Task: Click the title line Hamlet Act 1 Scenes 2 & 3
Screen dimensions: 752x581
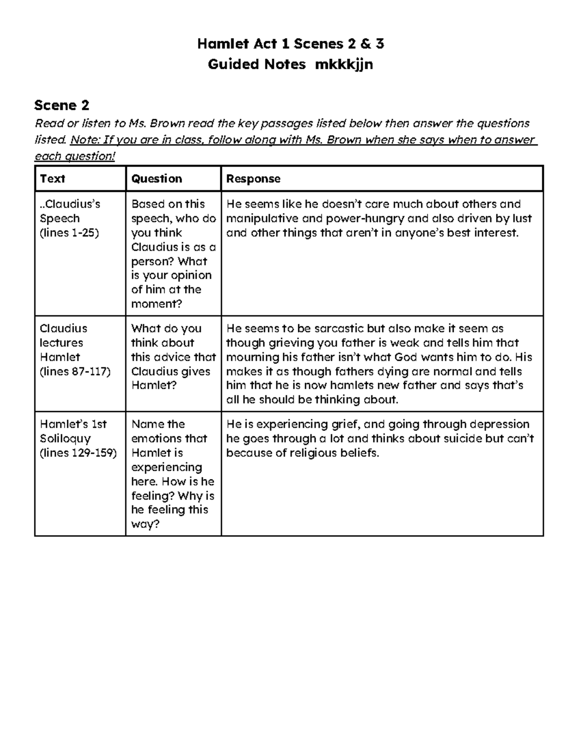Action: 290,44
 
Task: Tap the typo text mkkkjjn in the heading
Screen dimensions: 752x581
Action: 344,64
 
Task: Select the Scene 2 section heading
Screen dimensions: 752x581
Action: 62,105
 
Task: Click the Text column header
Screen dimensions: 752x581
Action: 52,179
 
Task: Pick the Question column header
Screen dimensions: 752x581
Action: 156,179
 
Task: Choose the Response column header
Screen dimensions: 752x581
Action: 253,179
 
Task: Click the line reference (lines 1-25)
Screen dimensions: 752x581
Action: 69,233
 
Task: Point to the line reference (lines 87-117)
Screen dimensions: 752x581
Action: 75,371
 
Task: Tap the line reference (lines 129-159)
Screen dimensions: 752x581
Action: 78,453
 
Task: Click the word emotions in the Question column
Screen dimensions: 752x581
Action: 169,439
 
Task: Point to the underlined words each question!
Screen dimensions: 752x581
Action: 75,156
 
